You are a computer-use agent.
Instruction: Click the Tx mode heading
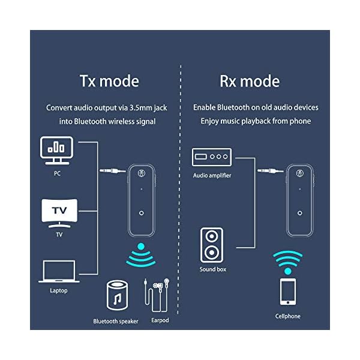(x=109, y=80)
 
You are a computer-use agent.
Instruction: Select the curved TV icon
(x=59, y=211)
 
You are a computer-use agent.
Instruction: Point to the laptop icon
(x=59, y=271)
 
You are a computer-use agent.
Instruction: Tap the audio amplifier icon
(x=212, y=158)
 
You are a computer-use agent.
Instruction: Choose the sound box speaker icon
(x=212, y=245)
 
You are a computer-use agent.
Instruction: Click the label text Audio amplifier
(x=212, y=175)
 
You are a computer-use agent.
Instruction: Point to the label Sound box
(x=212, y=269)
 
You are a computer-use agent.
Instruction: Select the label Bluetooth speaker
(x=116, y=322)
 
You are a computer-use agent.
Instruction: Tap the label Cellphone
(x=288, y=316)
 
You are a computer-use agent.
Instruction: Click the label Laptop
(x=59, y=291)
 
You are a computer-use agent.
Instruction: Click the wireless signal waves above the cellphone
(x=288, y=259)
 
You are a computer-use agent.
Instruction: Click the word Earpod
(x=160, y=320)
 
